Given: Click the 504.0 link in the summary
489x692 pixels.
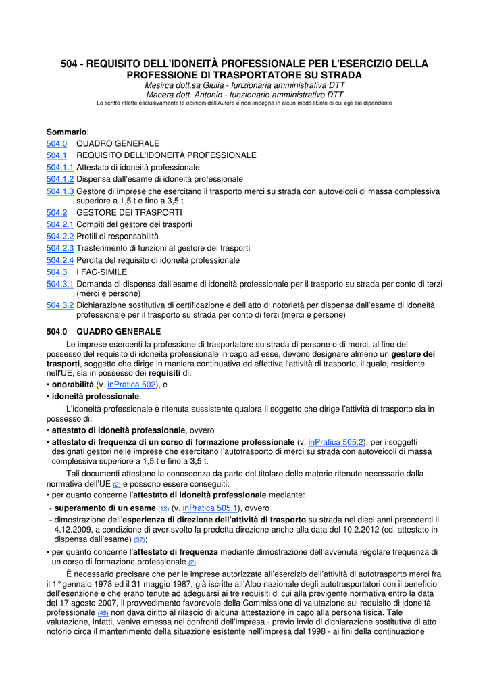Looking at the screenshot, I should [x=57, y=144].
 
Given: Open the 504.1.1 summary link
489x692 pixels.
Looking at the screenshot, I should [x=59, y=167].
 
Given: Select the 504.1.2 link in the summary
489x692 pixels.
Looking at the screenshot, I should [x=59, y=179].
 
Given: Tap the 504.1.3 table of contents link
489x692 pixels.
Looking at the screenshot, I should [x=59, y=191].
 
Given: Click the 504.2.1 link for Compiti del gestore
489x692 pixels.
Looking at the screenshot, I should [x=59, y=224].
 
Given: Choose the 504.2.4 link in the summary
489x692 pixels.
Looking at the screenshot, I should [x=59, y=260].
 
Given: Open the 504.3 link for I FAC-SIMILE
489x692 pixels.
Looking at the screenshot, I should [x=57, y=272].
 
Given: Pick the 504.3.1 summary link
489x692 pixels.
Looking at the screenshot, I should [x=59, y=284].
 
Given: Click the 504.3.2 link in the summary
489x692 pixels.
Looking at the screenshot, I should [x=59, y=305].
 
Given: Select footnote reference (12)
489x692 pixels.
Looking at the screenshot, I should [x=163, y=509].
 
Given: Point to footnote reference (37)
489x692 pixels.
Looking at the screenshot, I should [x=139, y=540].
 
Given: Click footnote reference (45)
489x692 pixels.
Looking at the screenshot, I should [x=103, y=613].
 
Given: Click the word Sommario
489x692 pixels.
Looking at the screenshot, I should [x=67, y=132].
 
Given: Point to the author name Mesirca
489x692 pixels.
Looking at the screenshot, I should [x=161, y=86].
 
